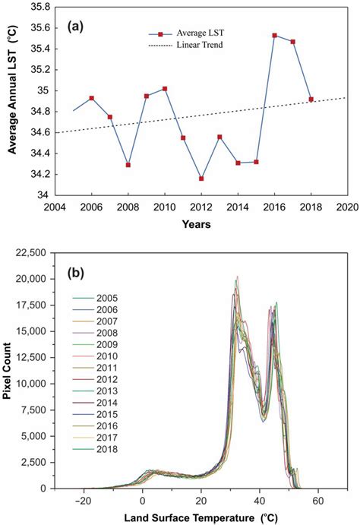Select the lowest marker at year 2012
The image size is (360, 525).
point(201,179)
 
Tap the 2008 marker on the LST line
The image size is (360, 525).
point(128,165)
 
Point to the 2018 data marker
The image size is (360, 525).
point(311,100)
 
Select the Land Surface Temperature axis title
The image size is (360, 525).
point(199,517)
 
